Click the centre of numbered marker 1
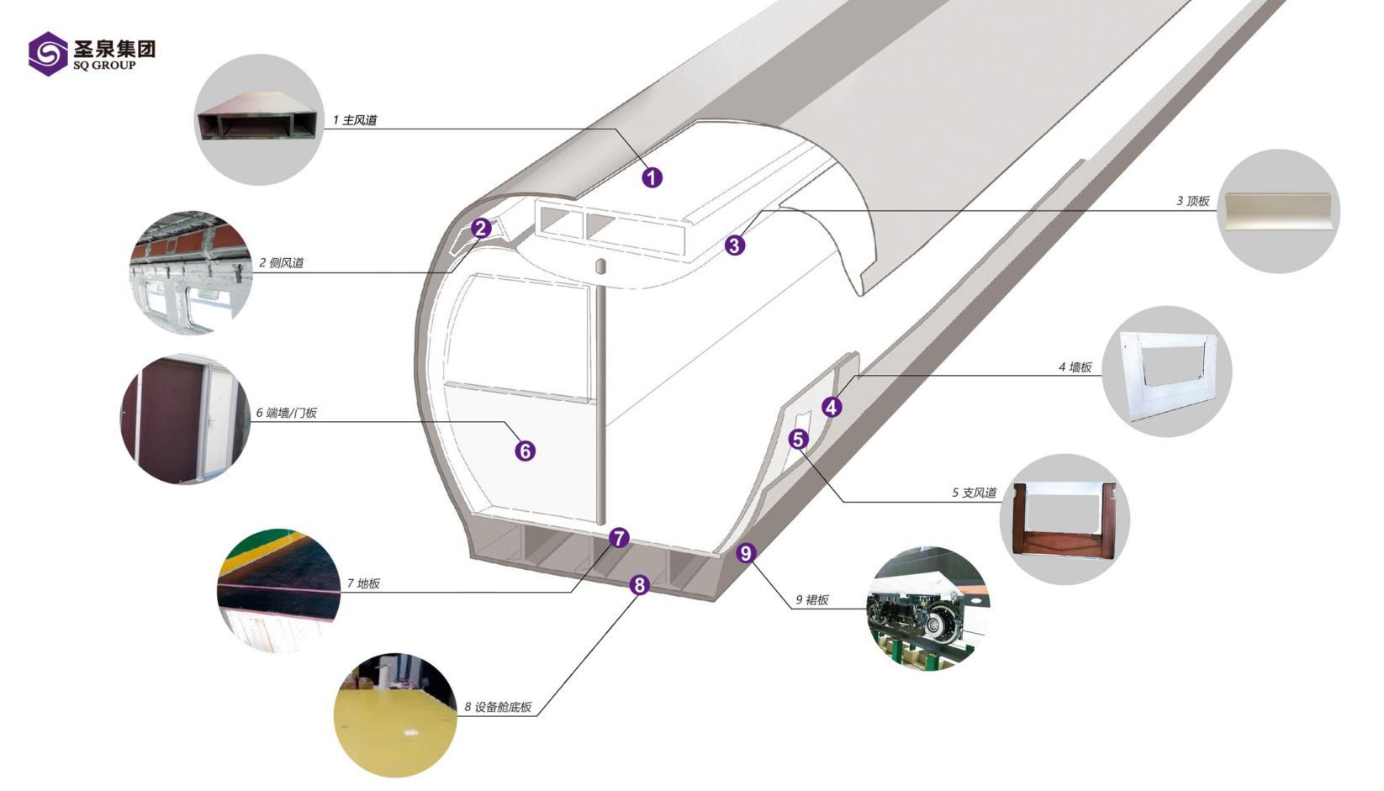click(x=652, y=178)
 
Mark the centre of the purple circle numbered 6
click(x=526, y=451)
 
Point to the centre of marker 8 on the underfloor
click(x=640, y=585)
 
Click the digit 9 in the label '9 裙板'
click(x=799, y=599)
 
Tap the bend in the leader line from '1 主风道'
click(x=615, y=129)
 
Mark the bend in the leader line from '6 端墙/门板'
click(x=504, y=422)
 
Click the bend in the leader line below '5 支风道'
click(x=844, y=501)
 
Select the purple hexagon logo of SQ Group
click(x=48, y=54)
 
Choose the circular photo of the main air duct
click(x=259, y=119)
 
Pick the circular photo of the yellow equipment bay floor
click(x=395, y=715)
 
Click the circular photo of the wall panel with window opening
click(x=1167, y=371)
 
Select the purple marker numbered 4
click(x=832, y=407)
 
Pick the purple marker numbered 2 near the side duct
click(x=481, y=229)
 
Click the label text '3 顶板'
click(x=1192, y=201)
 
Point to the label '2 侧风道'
click(x=281, y=263)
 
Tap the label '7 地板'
click(x=363, y=583)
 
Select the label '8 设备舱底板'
click(x=498, y=707)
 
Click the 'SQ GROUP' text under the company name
click(x=103, y=66)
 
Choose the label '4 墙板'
click(x=1075, y=367)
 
